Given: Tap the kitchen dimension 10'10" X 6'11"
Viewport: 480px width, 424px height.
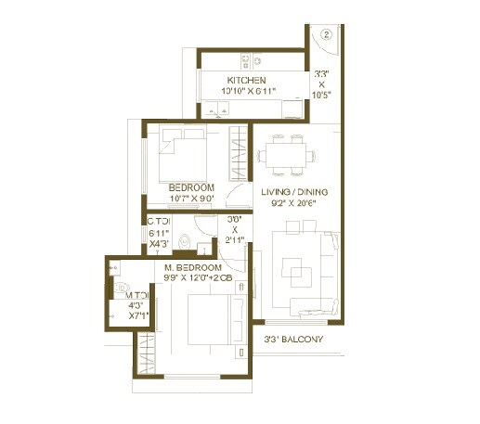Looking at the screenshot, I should [252, 92].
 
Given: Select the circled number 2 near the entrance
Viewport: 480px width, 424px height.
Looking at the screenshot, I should [326, 35].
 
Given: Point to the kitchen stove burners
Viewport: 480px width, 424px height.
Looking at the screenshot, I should [245, 61].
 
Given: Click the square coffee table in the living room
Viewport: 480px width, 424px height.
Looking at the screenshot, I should [298, 276].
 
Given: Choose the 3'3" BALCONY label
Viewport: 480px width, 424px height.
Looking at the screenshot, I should [292, 340].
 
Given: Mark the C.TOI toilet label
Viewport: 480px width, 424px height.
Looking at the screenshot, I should [158, 222].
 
